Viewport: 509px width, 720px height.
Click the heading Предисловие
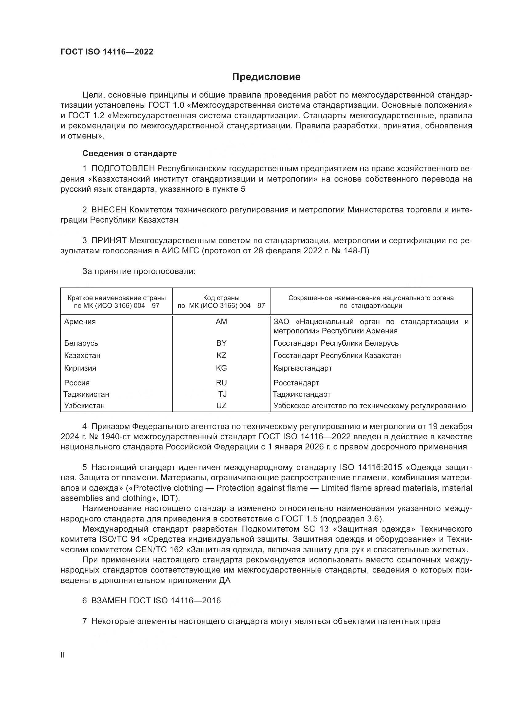(266, 77)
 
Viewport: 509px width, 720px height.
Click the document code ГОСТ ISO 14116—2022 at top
(107, 52)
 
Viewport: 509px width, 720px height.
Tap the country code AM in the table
(221, 322)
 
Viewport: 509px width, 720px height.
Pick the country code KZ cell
(221, 355)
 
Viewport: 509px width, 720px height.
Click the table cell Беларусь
(81, 343)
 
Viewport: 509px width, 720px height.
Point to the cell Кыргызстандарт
(303, 368)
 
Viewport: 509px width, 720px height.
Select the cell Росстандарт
(296, 383)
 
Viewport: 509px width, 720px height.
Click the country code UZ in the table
(221, 405)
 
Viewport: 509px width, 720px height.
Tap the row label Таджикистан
(86, 394)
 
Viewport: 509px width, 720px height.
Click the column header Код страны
(221, 298)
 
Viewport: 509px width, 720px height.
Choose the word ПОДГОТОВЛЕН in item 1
(123, 169)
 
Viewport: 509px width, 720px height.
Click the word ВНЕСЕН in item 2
(109, 210)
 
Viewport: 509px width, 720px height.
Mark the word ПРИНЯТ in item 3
(109, 240)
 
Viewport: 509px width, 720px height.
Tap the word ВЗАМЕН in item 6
(109, 601)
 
